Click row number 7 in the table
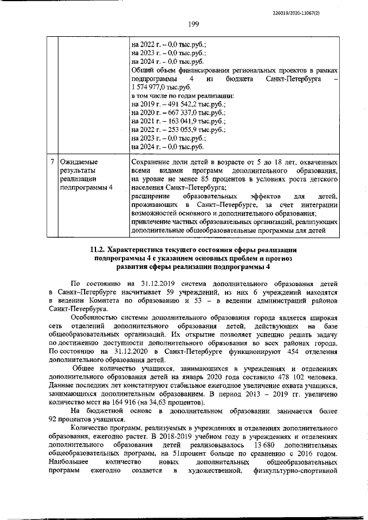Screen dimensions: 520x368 click(52, 162)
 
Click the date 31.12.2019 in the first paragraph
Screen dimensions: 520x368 click(160, 284)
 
